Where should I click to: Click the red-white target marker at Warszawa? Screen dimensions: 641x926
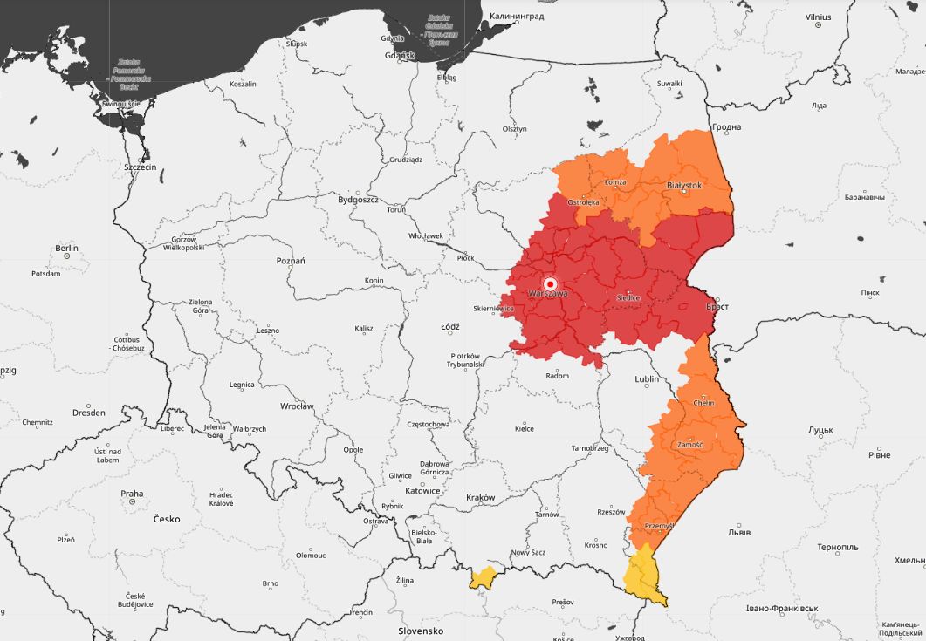[551, 283]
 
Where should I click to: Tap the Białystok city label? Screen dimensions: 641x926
[684, 185]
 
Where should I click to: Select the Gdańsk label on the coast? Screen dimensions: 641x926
[401, 55]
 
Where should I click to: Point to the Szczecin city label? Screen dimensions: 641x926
[140, 166]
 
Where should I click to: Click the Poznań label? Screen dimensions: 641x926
[291, 260]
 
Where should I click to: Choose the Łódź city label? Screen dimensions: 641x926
[450, 326]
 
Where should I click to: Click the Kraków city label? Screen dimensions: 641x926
[480, 498]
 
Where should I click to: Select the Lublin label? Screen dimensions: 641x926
[647, 379]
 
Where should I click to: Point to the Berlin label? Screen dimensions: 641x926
[67, 248]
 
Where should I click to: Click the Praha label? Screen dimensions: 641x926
[132, 494]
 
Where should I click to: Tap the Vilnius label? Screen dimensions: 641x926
[818, 16]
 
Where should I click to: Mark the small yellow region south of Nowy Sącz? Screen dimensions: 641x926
[482, 576]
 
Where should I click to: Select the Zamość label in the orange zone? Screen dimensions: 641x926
[689, 445]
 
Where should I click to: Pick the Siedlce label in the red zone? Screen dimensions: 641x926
[628, 297]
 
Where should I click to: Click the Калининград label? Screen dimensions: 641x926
[517, 16]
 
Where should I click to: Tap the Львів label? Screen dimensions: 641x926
[738, 532]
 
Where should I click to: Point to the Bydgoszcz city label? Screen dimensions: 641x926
[358, 199]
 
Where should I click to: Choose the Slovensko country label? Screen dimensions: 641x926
[421, 631]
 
